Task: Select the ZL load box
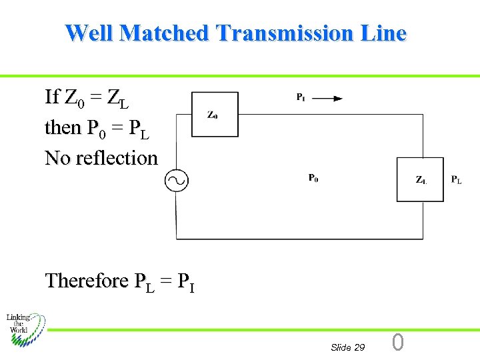coord(420,179)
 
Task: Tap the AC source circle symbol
coord(177,180)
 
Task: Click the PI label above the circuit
coord(301,97)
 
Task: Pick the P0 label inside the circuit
coord(313,178)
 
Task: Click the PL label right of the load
coord(457,179)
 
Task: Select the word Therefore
coord(87,281)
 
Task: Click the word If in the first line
coord(52,97)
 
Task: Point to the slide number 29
coord(359,347)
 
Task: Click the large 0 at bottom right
coord(398,343)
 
